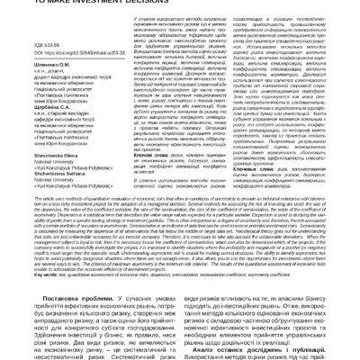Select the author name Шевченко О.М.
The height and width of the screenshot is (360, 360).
click(x=29, y=63)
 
